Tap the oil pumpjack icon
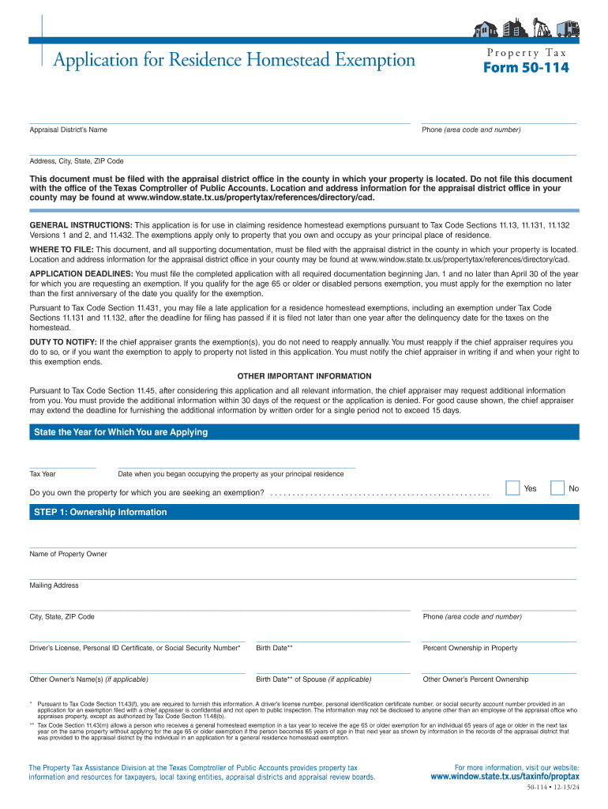[x=542, y=28]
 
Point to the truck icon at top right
[x=568, y=28]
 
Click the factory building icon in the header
[x=514, y=28]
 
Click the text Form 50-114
[x=526, y=68]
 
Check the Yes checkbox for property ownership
[x=512, y=487]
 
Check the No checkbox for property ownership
[x=557, y=487]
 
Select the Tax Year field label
[x=43, y=474]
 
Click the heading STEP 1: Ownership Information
[x=100, y=512]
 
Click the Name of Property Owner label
[x=68, y=554]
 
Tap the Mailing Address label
[x=54, y=585]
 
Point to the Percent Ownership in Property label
[x=470, y=648]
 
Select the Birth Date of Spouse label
[x=313, y=679]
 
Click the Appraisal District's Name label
[x=68, y=130]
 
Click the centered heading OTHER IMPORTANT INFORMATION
[x=304, y=376]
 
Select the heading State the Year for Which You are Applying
[x=121, y=432]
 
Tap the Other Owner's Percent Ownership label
[x=475, y=679]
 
